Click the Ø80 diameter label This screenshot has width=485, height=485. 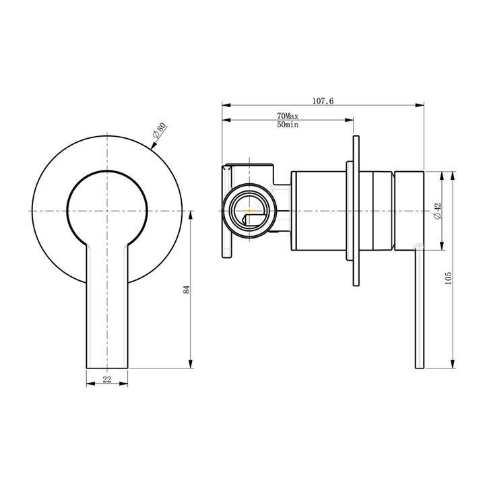[x=159, y=131]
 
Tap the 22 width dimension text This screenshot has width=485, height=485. [x=107, y=379]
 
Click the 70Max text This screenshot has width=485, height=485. [x=288, y=117]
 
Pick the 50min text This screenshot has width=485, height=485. [x=288, y=125]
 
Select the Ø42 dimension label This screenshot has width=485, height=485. [x=437, y=211]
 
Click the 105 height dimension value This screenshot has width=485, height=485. [x=448, y=277]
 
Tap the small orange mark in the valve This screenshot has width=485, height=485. [x=250, y=211]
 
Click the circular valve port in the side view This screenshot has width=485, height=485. [x=250, y=211]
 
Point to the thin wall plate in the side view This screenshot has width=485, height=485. [x=354, y=211]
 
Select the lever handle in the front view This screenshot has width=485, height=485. [x=107, y=303]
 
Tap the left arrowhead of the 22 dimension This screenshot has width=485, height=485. [x=90, y=384]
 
